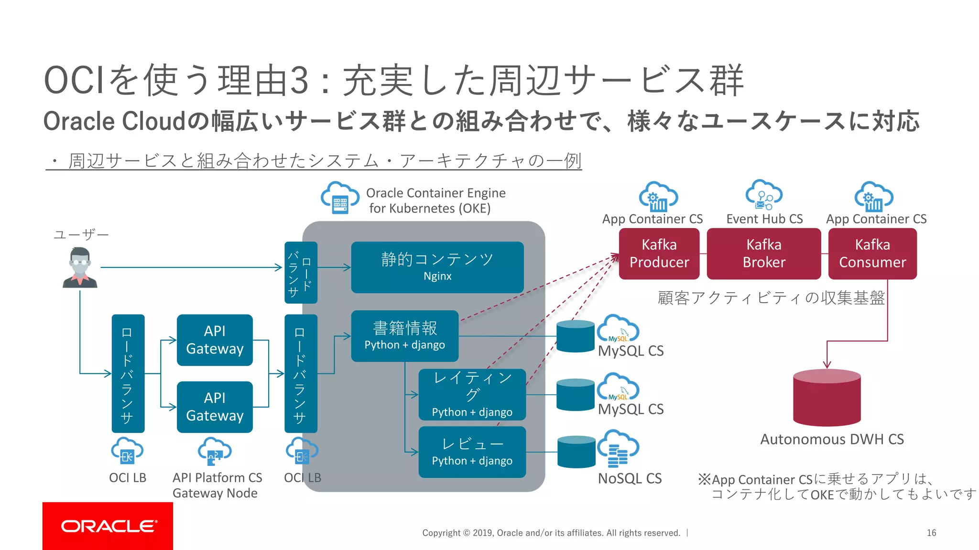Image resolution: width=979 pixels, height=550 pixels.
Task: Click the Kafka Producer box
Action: click(x=659, y=254)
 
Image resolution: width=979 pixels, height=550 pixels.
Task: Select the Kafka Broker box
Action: click(x=763, y=254)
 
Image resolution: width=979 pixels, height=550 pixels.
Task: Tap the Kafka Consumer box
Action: click(x=872, y=254)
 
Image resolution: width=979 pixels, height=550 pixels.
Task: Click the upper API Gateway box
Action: click(x=215, y=340)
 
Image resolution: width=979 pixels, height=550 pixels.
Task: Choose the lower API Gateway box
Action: click(x=215, y=407)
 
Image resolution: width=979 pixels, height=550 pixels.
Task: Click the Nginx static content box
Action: click(x=437, y=267)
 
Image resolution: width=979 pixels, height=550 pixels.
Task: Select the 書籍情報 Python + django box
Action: click(x=404, y=336)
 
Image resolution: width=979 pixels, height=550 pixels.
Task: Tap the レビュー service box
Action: click(x=472, y=452)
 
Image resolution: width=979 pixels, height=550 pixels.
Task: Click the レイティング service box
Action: click(x=472, y=394)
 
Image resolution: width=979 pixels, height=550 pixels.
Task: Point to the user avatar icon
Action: click(x=80, y=267)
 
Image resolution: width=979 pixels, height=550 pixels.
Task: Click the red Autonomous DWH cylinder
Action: click(x=827, y=398)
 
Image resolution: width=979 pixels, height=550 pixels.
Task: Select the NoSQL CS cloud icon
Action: click(x=618, y=448)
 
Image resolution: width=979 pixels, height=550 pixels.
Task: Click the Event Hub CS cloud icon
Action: click(x=764, y=195)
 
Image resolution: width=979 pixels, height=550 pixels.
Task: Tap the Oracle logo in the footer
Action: click(x=108, y=526)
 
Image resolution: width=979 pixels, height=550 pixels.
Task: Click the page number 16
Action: click(x=931, y=533)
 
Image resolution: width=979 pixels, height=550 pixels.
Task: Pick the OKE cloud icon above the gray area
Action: click(x=340, y=197)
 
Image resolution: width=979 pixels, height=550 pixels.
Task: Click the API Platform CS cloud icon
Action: click(x=214, y=451)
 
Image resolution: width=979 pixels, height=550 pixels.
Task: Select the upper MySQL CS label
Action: click(x=631, y=351)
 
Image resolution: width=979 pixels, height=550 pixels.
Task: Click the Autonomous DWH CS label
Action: click(x=832, y=439)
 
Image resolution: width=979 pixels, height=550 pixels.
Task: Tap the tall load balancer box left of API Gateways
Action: click(x=128, y=373)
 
